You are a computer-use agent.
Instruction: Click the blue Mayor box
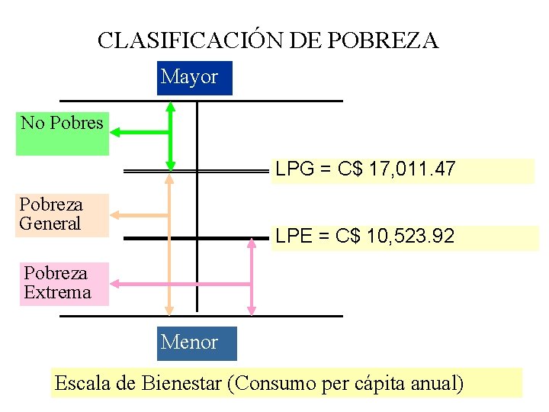click(194, 78)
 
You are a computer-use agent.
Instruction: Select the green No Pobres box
click(63, 134)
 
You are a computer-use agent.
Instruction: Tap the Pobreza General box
click(50, 214)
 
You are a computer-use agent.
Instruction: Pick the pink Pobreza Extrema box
click(64, 283)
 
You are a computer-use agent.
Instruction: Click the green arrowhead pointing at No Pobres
click(117, 133)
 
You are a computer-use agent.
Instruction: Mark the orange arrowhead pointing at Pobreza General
click(117, 214)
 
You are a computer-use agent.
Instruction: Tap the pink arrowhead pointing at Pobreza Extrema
click(117, 285)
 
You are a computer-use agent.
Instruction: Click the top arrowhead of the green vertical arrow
click(171, 106)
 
